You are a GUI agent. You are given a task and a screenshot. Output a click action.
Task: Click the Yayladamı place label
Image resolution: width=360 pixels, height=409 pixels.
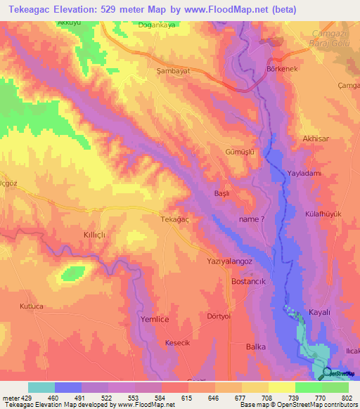click(304, 174)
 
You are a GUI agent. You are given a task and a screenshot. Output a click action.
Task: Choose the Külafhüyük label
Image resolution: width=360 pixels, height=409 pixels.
click(323, 214)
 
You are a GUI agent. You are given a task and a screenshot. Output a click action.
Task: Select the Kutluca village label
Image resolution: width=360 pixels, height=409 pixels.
click(32, 306)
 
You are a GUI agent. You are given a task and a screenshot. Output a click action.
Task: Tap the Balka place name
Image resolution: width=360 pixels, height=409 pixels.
click(255, 346)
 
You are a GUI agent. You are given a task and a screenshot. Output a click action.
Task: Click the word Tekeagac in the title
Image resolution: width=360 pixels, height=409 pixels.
click(26, 9)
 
